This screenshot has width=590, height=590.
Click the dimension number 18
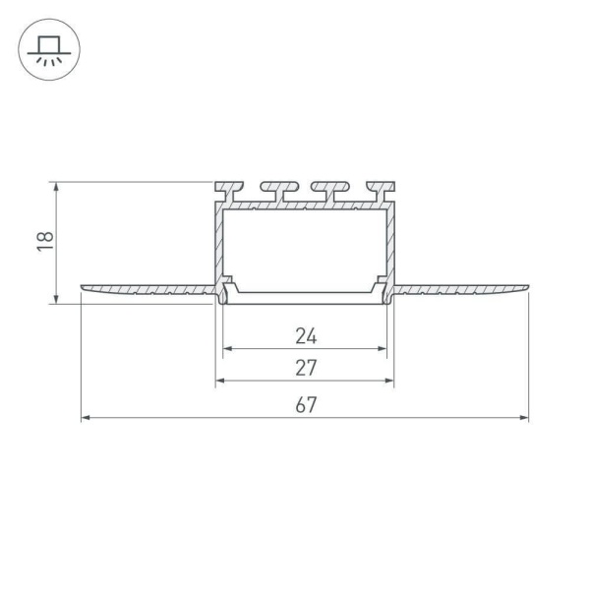click(x=45, y=241)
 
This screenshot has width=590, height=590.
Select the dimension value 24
click(x=306, y=336)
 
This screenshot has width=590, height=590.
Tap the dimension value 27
click(x=306, y=368)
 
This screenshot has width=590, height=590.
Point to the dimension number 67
click(x=306, y=405)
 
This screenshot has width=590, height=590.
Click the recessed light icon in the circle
click(x=49, y=50)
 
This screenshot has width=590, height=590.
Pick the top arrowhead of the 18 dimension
click(x=56, y=187)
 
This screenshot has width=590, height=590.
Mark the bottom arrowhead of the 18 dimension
click(x=56, y=299)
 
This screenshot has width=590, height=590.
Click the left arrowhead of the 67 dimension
click(x=86, y=417)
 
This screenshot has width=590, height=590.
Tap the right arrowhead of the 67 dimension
click(x=524, y=417)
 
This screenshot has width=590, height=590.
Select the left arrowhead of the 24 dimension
click(x=228, y=349)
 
